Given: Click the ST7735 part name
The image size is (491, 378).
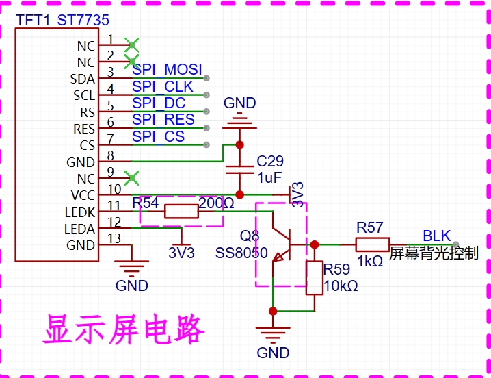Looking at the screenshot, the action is [83, 20].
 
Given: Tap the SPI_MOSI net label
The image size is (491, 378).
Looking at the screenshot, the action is [167, 70].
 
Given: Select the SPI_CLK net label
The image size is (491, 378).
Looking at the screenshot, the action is [163, 86].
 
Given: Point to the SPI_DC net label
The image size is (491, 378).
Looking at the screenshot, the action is [159, 103].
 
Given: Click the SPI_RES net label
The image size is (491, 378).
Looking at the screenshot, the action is [163, 120].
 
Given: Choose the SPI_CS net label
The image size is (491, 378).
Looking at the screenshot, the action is [158, 136].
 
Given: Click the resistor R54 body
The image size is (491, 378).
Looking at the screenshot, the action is [181, 212].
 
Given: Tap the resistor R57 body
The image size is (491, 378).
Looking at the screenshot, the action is [373, 244].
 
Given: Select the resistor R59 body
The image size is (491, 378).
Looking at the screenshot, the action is [315, 277].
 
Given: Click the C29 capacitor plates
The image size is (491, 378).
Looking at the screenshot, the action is [239, 170].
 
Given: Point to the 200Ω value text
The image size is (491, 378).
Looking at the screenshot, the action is [216, 203].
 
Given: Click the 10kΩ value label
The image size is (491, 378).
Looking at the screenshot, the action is [341, 286].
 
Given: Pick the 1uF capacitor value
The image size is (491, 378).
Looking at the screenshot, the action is [269, 178].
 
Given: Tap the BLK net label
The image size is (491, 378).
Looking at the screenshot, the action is [436, 236].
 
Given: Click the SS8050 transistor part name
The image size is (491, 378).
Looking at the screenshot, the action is [241, 253].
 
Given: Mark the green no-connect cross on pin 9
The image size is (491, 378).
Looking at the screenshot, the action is [132, 178].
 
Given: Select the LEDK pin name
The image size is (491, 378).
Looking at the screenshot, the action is [79, 212].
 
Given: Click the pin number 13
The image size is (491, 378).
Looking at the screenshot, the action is [114, 238].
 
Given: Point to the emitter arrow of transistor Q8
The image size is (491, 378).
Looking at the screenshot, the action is [278, 257].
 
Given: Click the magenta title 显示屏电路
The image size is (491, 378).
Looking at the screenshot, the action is [124, 329].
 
